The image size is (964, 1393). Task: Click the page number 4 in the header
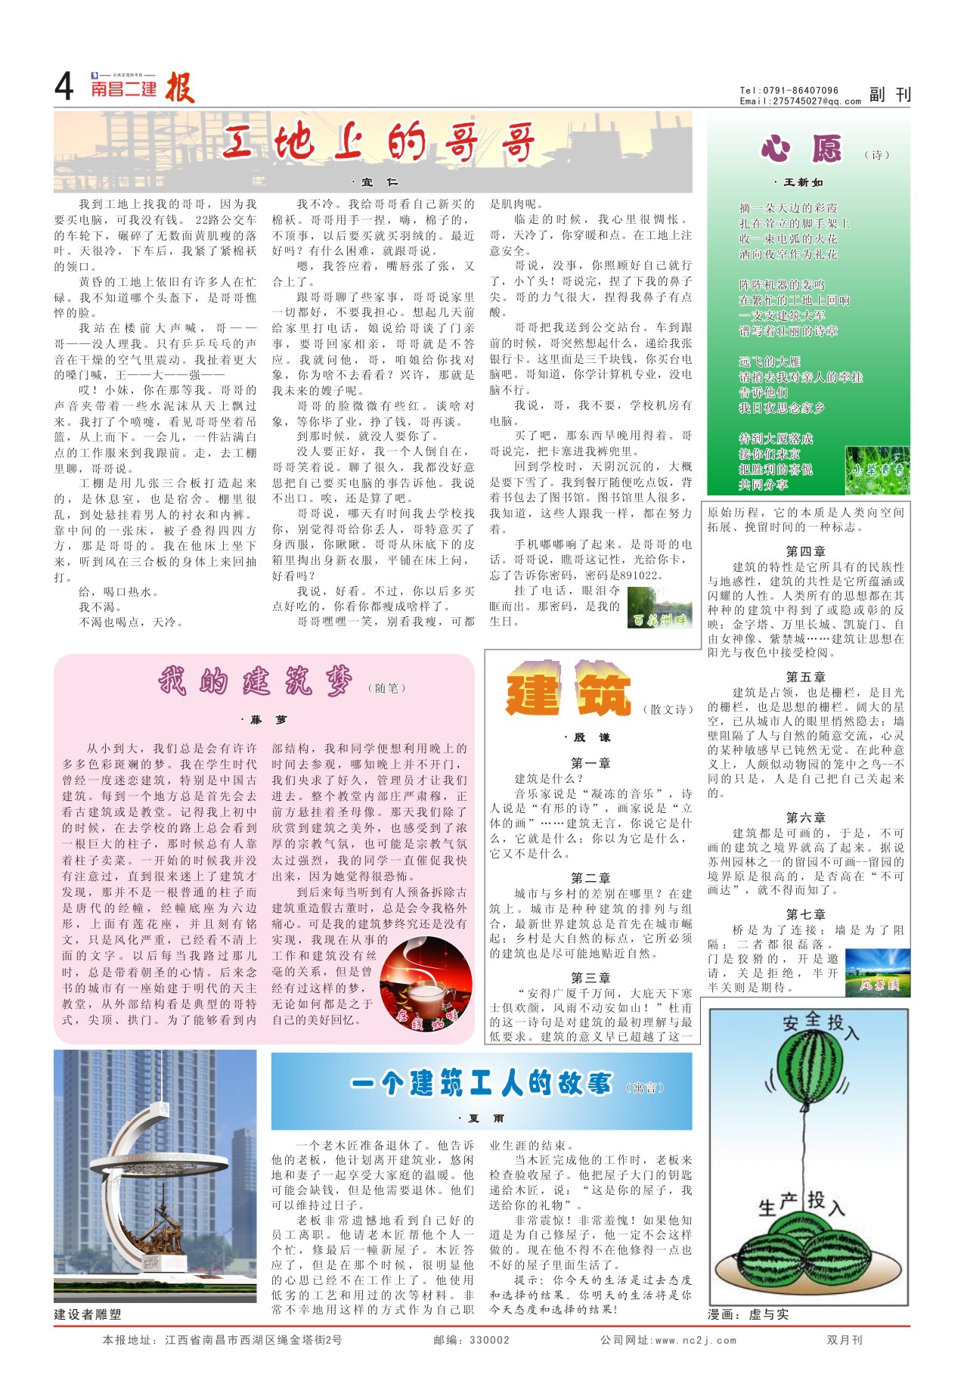[x=64, y=88]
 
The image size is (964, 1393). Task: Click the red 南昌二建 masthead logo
[x=123, y=88]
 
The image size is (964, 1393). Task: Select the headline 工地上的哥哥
[x=378, y=141]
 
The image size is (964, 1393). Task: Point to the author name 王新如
[x=802, y=182]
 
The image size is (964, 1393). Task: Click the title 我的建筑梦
[x=256, y=681]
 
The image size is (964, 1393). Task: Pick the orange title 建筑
[x=568, y=690]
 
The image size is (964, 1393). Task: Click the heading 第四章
[x=805, y=551]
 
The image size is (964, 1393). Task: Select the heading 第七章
[x=805, y=914]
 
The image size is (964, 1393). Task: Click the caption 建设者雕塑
[x=88, y=1314]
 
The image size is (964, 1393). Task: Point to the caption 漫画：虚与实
[x=748, y=1314]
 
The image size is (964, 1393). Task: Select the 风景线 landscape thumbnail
[x=877, y=973]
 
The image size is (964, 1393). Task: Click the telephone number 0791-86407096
[x=801, y=91]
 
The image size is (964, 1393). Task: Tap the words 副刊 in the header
[x=890, y=95]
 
